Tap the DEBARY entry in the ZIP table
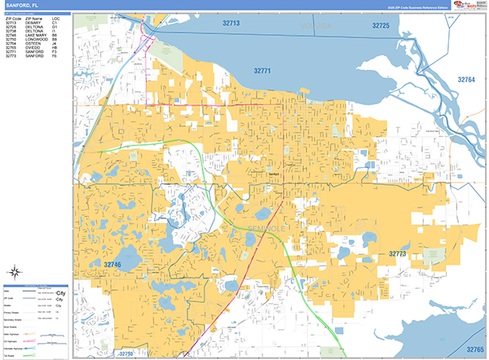33,23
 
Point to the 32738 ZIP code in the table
11,31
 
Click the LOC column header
55,19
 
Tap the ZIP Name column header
34,19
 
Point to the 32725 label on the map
381,26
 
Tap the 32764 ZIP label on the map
466,79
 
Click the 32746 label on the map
112,265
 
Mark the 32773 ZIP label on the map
398,254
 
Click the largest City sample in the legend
59,292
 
